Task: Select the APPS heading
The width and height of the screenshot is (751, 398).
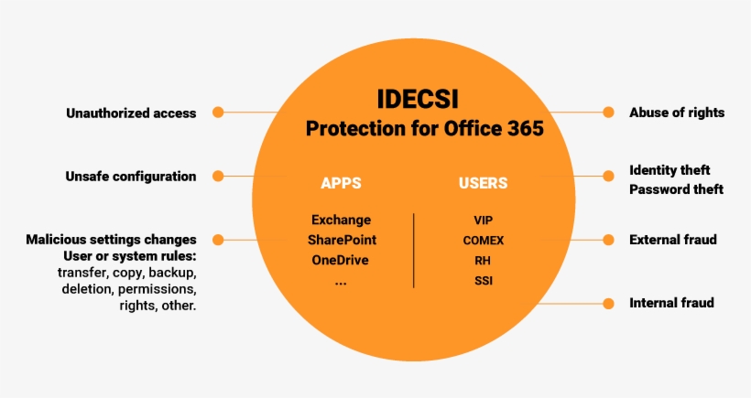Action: point(341,183)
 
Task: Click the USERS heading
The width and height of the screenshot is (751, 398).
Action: point(483,183)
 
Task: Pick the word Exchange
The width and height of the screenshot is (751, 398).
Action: point(341,220)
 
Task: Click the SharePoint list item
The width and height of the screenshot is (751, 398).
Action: point(342,240)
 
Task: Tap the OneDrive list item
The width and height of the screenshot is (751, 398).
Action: point(341,260)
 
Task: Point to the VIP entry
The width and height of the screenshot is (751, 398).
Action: point(483,220)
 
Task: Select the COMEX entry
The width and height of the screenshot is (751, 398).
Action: point(483,241)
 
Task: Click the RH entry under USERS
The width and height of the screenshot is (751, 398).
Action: point(483,260)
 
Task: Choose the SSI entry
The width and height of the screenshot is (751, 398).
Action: point(483,279)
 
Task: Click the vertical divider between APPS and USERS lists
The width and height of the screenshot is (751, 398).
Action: point(414,250)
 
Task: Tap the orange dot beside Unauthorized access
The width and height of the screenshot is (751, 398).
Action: point(218,113)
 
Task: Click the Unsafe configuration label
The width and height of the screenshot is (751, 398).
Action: point(131,176)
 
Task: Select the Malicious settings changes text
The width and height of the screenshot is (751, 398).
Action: point(111,240)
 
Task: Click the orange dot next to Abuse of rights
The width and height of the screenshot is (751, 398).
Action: point(608,113)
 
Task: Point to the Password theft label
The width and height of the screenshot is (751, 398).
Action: point(676,189)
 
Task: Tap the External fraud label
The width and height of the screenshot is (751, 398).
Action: point(672,240)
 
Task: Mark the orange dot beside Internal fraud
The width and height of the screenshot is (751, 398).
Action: point(608,303)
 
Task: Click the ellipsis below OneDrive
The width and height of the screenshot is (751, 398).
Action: point(341,282)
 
